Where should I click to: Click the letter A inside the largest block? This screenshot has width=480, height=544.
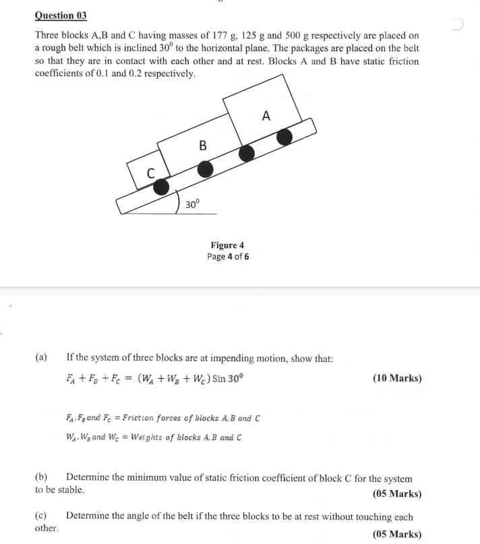[x=266, y=115]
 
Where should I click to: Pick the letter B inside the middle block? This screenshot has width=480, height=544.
[x=202, y=145]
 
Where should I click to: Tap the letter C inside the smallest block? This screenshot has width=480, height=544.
[x=152, y=174]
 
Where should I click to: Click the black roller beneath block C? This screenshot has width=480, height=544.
[x=161, y=188]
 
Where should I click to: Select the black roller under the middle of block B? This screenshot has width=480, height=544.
[x=205, y=168]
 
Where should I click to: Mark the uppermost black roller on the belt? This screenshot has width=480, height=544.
[x=285, y=137]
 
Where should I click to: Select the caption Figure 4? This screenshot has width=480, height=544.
[x=229, y=246]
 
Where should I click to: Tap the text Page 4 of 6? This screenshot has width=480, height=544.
[x=229, y=257]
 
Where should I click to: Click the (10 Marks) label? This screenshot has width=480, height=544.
[x=396, y=378]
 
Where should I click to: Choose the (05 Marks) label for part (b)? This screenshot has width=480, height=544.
[x=396, y=493]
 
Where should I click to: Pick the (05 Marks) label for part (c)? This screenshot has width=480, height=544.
[x=396, y=535]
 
